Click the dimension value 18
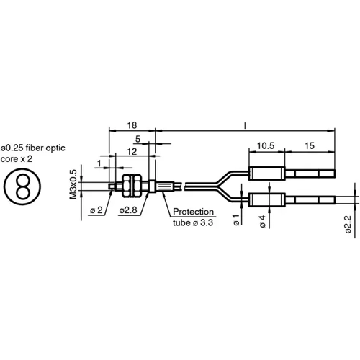coord(132,125)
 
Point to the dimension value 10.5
coord(265,146)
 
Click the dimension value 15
coord(310,146)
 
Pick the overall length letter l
coord(246,125)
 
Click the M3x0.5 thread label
coord(72,185)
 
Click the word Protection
coord(194,212)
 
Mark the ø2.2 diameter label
coord(347,224)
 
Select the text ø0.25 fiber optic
coord(33,148)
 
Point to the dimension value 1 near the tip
coord(99,163)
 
